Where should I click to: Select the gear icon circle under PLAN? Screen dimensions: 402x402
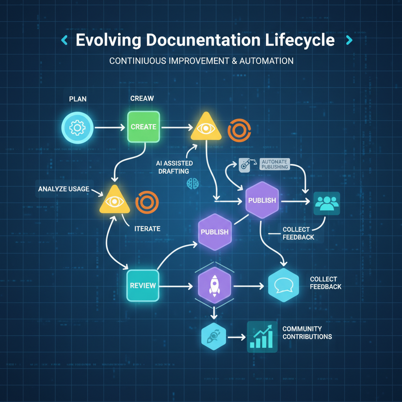coord(77,127)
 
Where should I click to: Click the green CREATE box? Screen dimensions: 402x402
coord(143,127)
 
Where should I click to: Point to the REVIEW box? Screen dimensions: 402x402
coord(143,285)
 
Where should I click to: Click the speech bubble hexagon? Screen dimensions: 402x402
coord(283,285)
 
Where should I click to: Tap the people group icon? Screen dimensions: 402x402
coord(327,203)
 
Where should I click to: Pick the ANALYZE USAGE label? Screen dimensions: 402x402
coord(64,189)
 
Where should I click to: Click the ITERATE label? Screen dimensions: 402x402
coord(147,228)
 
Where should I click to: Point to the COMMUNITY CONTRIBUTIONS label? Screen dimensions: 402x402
coord(307,333)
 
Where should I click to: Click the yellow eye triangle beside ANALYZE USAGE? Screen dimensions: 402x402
coord(114,201)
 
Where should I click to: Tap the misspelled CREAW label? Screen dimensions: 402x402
coord(142,98)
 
